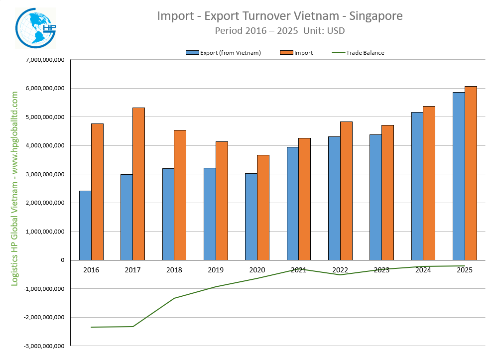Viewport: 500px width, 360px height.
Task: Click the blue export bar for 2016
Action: [85, 225]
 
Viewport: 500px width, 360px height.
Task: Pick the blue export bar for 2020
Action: [251, 217]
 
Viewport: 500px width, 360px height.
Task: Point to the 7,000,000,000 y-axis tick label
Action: [44, 60]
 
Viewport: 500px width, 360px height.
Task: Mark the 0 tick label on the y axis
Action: [63, 260]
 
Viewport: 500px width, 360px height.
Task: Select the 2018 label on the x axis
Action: [174, 270]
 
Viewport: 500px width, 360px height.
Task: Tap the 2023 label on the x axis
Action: [381, 270]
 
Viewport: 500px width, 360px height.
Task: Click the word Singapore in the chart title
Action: [376, 16]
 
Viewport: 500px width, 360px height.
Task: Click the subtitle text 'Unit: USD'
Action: [324, 30]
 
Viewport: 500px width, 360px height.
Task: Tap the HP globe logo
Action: [36, 29]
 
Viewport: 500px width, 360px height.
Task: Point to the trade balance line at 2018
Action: [174, 298]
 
